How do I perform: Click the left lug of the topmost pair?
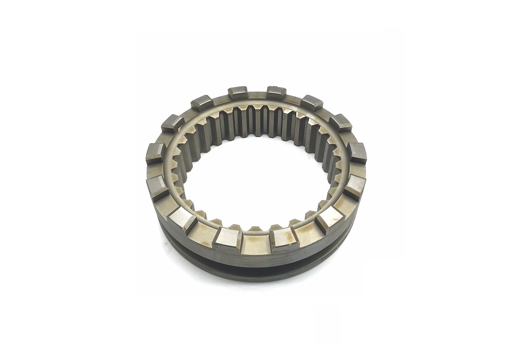[x=238, y=93]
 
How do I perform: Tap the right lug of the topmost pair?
[x=276, y=92]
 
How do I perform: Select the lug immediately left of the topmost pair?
[x=202, y=103]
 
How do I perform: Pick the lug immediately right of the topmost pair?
[x=311, y=102]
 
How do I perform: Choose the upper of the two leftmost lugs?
[x=156, y=153]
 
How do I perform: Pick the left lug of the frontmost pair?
[x=229, y=238]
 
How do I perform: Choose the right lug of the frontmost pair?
[x=284, y=238]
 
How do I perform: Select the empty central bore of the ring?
[x=256, y=176]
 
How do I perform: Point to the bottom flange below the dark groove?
[x=256, y=276]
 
